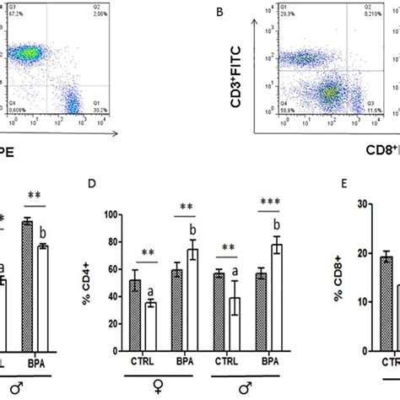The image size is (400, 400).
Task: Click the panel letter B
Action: (220, 14)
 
